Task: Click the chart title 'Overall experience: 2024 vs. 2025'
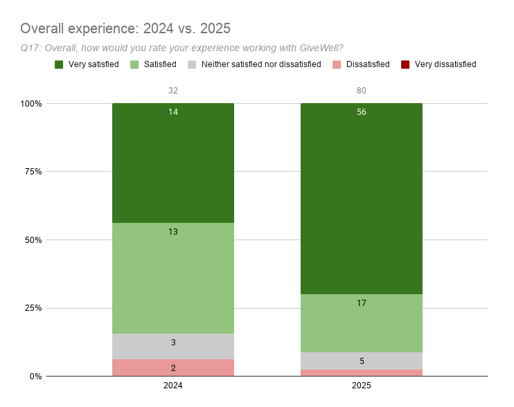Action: (125, 28)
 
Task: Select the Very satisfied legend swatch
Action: (60, 64)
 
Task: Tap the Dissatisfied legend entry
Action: (361, 64)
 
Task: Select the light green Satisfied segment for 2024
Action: (173, 277)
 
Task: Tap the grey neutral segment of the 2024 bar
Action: (173, 346)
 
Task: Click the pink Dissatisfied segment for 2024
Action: (173, 368)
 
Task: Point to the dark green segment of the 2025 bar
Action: (361, 201)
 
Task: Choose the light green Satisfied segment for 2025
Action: (361, 323)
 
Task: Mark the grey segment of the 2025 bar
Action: (361, 361)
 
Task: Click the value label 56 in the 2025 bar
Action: (361, 112)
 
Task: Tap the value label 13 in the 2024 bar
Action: (173, 232)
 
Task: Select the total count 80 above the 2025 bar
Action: (361, 91)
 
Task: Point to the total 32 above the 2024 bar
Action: (173, 91)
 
